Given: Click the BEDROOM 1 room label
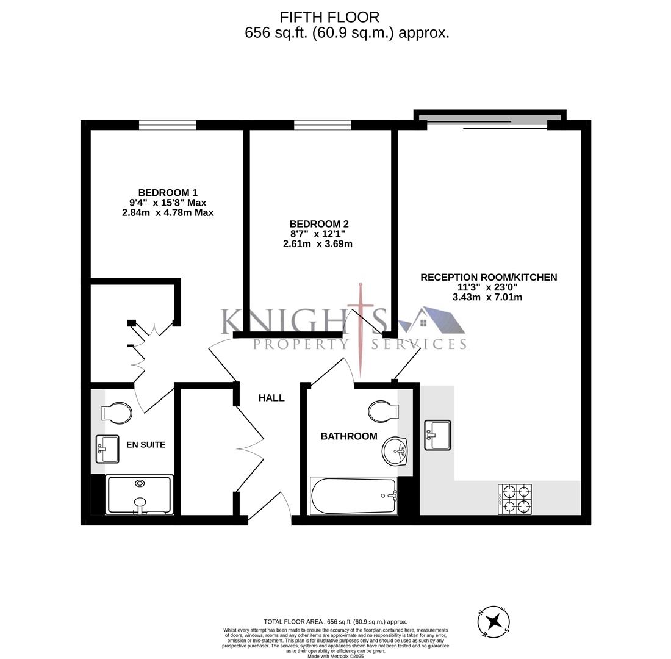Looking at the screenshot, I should click(x=168, y=193).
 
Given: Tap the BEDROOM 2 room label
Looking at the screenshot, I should click(x=319, y=224).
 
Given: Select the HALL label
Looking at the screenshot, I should click(x=271, y=398).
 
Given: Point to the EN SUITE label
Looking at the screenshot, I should click(x=146, y=445).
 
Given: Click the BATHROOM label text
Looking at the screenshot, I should click(x=349, y=436).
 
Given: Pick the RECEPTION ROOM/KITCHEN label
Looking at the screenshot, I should click(x=489, y=277).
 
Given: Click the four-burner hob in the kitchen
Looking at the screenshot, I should click(x=515, y=499).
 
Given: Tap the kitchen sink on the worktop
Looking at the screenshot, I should click(x=437, y=435).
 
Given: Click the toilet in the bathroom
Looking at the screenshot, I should click(x=384, y=411).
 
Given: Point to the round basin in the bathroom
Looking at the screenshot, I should click(x=395, y=452).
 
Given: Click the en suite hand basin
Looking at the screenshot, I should click(x=107, y=449).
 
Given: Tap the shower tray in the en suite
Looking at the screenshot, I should click(x=139, y=494).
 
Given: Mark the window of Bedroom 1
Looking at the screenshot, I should click(x=168, y=125).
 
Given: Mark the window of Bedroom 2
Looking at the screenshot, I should click(x=322, y=125).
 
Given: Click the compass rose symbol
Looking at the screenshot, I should click(x=493, y=622).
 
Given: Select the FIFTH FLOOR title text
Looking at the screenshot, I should click(x=329, y=17).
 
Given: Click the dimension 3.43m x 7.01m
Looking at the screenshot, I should click(x=487, y=297).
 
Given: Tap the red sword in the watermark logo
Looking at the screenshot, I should click(x=361, y=329).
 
